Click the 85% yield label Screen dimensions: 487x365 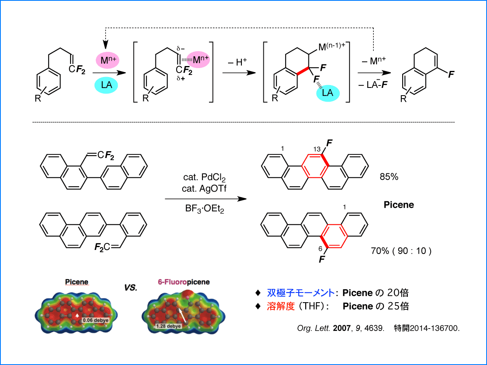click(x=389, y=177)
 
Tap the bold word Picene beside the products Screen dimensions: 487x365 click(x=399, y=205)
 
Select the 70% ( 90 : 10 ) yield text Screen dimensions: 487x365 click(x=401, y=251)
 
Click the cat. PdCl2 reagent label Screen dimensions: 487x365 click(x=204, y=177)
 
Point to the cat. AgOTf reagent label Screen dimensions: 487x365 click(x=204, y=189)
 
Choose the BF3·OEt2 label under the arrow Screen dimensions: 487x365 click(x=205, y=209)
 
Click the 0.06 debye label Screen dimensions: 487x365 click(x=96, y=320)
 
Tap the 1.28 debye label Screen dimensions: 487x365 click(x=168, y=326)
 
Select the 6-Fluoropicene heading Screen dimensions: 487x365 click(x=184, y=282)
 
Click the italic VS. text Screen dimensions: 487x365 click(x=131, y=288)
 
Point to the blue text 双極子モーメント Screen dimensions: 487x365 click(x=301, y=293)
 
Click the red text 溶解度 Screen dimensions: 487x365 click(x=281, y=306)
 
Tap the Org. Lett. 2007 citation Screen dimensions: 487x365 click(x=340, y=328)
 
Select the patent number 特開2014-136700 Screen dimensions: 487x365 click(x=427, y=328)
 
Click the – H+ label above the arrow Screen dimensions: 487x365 click(x=237, y=62)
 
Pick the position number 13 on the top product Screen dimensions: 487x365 click(x=317, y=149)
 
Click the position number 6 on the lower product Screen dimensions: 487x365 click(x=320, y=249)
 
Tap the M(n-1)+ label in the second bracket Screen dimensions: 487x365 click(x=332, y=47)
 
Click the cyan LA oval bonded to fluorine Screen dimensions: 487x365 click(x=328, y=93)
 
